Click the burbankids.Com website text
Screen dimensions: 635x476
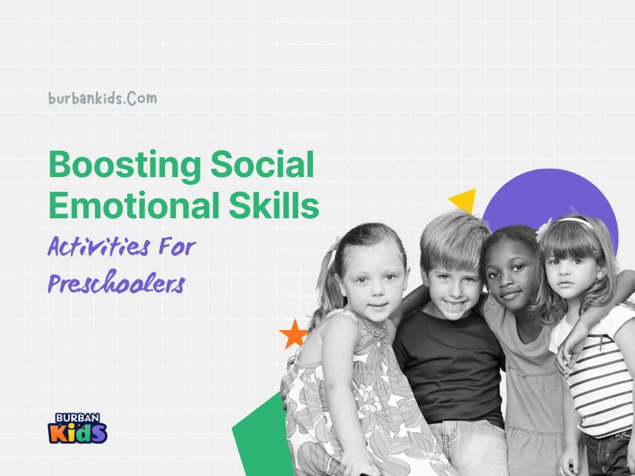[x=102, y=98]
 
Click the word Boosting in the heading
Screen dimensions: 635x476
[x=124, y=166]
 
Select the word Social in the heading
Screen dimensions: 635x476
[x=262, y=164]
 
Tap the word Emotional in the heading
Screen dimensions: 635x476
[x=134, y=205]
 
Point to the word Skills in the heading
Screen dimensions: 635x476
[x=274, y=205]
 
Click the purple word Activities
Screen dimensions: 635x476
[x=99, y=246]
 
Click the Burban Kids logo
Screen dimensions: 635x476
[x=77, y=428]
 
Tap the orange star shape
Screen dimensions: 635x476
[x=294, y=334]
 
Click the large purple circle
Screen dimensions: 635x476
[x=549, y=198]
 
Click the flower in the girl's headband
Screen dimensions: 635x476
[x=544, y=230]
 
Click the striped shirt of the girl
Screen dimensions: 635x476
[x=599, y=385]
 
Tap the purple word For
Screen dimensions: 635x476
[x=177, y=246]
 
